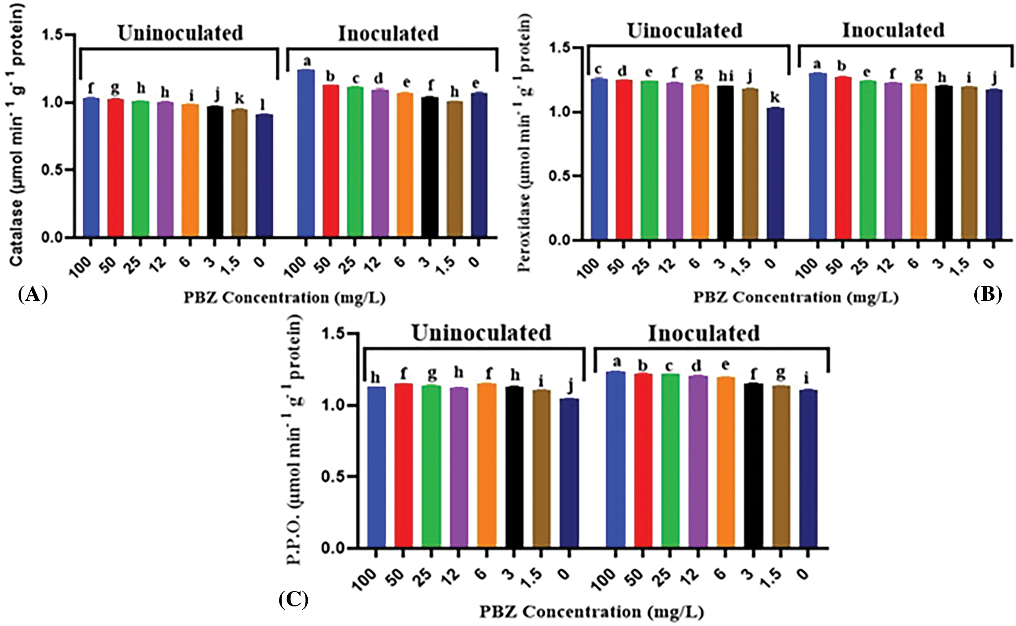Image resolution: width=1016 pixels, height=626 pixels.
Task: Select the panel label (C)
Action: coord(294,600)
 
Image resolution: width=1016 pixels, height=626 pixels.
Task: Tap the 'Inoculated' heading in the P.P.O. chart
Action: coord(703,334)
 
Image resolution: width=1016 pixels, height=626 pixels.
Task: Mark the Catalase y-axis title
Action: coord(16,136)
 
